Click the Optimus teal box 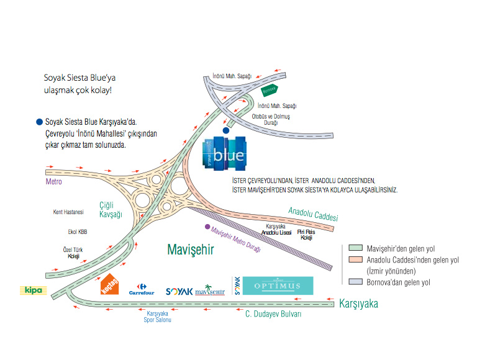tap(276, 286)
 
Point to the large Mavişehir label tap(191, 250)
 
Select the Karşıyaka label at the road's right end tap(358, 304)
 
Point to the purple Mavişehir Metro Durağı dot tap(207, 227)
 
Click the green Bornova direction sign tap(268, 89)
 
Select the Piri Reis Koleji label tap(306, 234)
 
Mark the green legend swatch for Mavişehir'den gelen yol tap(355, 247)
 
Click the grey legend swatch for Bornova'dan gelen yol tap(355, 282)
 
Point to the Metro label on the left tap(55, 182)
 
